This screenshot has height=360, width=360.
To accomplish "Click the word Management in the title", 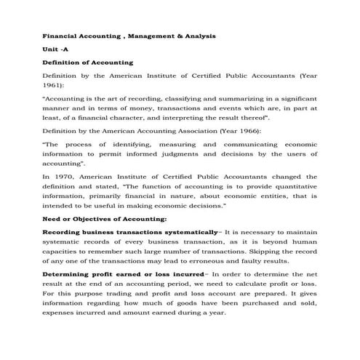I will [x=138, y=36].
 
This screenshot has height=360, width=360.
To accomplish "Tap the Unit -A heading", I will [x=55, y=49].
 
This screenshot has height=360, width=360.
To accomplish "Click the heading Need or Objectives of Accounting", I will [x=105, y=218].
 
